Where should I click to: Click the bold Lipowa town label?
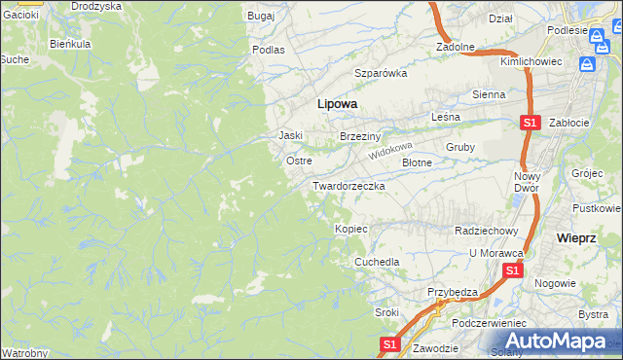pos(337,103)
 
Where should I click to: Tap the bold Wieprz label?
pos(576,237)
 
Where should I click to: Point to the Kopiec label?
pos(350,229)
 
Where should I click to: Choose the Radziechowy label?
pos(485,231)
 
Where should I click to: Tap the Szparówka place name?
pos(380,73)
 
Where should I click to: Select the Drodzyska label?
pos(96,6)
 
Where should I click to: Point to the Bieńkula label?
pos(70,44)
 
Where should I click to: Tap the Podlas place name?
pos(268,49)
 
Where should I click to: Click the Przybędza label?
pos(452,292)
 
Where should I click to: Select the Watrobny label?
pos(22,352)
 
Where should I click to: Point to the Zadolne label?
pos(455,47)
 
